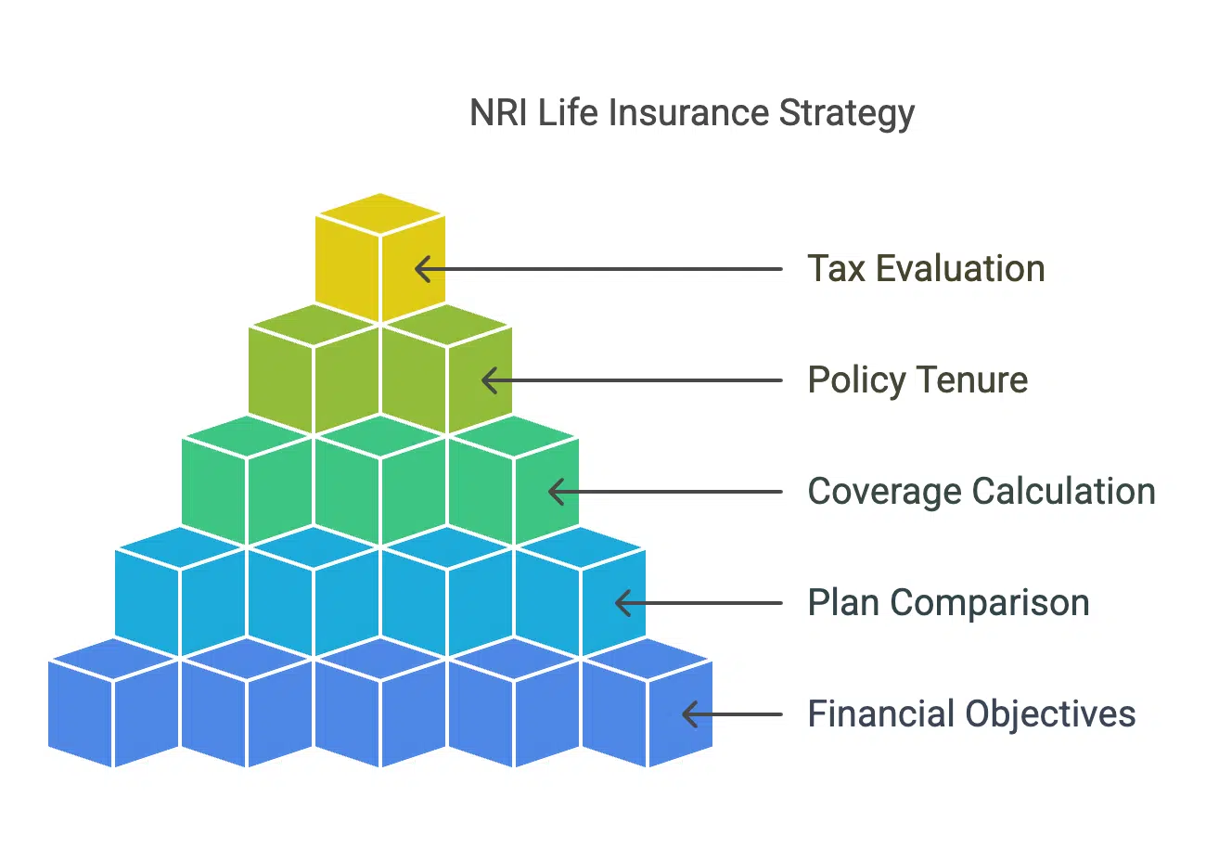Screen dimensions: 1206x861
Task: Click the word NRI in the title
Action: pos(498,112)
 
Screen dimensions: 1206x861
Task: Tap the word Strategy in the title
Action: pos(846,115)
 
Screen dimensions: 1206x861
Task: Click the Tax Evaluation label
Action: pos(926,268)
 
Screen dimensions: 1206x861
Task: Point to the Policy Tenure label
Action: pos(918,381)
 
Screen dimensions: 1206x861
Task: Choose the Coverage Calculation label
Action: pos(981,492)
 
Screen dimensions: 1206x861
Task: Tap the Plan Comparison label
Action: pos(949,604)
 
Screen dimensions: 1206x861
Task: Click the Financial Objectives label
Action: pos(972,714)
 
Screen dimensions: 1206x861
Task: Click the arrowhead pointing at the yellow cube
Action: pos(423,269)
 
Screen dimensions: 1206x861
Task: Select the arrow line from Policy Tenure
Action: pos(632,380)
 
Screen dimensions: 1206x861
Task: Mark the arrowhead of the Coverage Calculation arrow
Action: pos(557,492)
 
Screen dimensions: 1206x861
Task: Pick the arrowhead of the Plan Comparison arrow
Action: pos(622,603)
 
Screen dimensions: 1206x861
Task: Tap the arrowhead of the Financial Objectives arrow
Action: pos(689,714)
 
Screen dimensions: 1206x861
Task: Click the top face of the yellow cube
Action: pos(380,213)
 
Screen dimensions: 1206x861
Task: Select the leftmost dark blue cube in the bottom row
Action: pos(113,702)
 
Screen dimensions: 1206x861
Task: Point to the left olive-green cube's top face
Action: pos(314,326)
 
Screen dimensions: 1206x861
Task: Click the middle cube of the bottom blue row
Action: pos(380,702)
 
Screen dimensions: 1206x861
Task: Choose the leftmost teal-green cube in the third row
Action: pos(247,481)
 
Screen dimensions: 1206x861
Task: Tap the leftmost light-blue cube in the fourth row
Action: pos(180,591)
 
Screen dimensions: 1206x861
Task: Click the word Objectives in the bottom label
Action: pos(1050,714)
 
